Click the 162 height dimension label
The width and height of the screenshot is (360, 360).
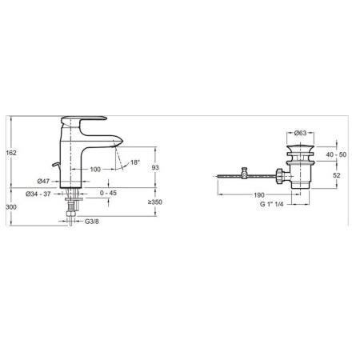(11, 153)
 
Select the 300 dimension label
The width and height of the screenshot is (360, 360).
(11, 207)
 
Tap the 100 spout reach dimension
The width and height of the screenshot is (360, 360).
(95, 170)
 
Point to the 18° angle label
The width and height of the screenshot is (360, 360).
(135, 162)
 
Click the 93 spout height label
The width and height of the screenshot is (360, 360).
(155, 167)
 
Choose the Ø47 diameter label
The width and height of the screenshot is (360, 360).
(43, 182)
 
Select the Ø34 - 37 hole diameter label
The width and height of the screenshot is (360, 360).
(38, 194)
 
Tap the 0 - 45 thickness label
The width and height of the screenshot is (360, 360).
(108, 193)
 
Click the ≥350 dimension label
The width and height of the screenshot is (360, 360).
(155, 202)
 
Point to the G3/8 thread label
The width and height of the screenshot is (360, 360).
(92, 222)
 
